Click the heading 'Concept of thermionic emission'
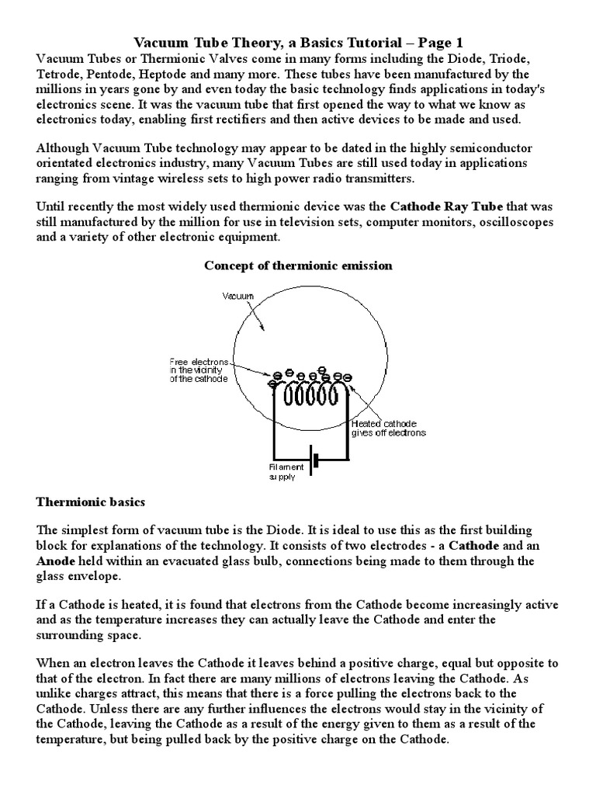298,266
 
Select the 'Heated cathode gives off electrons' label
388,429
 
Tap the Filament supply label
288,472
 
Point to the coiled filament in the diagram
310,397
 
